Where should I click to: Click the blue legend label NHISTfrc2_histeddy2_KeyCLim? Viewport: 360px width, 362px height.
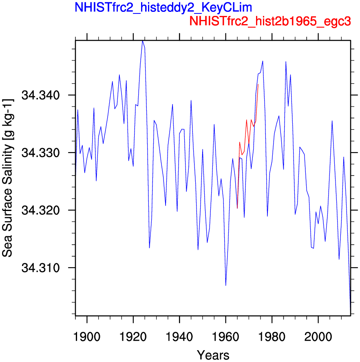coord(163,8)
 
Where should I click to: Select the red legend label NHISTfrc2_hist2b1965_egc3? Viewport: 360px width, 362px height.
coord(270,21)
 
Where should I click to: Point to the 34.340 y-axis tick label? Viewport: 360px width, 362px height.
coord(41,95)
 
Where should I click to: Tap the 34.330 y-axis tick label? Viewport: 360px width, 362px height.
coord(41,153)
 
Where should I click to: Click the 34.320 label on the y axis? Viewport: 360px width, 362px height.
coord(41,210)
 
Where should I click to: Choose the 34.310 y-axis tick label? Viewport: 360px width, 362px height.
coord(41,268)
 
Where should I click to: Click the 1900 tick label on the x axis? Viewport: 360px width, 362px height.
coord(87,337)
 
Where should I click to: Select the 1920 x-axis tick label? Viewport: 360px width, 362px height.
coord(133,337)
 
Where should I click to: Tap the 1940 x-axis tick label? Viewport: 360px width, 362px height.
coord(179,337)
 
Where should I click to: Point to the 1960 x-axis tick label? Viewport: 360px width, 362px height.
coord(225,337)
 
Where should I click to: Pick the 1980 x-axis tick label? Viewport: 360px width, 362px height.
coord(272,337)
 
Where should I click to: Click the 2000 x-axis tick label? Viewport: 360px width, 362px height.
coord(318,337)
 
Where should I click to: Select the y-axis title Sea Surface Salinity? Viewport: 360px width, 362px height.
coord(7,178)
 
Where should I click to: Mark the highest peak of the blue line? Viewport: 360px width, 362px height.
coord(143,41)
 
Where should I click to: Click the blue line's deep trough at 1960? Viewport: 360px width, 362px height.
coord(226,285)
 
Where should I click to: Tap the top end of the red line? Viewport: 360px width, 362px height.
coord(258,84)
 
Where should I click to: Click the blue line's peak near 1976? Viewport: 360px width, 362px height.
coord(263,61)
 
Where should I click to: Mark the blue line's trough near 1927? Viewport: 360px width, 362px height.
coord(150,248)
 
